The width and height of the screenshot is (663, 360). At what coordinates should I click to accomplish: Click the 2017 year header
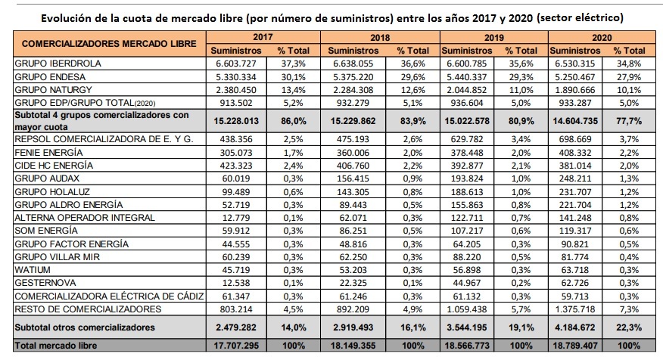click(x=263, y=37)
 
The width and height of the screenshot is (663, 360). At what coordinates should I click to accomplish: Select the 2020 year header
click(x=602, y=38)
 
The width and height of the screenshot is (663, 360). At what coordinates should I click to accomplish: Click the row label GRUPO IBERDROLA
click(x=58, y=64)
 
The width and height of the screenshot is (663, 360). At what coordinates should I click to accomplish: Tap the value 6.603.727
click(x=236, y=64)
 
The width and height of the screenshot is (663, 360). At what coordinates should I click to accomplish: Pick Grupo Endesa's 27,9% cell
click(x=629, y=77)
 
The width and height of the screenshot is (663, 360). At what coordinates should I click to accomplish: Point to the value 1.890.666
click(x=575, y=90)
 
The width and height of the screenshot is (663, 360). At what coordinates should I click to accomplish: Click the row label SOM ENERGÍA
click(x=46, y=230)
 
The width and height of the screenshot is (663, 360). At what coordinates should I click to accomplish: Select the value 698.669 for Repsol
click(x=575, y=139)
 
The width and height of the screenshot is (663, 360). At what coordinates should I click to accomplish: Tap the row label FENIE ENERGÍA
click(x=48, y=153)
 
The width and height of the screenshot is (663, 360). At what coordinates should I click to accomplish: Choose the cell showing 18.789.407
click(x=575, y=346)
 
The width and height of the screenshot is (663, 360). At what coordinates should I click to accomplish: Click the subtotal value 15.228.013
click(x=236, y=121)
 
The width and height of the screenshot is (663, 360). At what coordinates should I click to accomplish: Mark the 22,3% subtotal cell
click(x=629, y=327)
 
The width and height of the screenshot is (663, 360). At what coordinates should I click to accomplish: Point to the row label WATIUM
click(x=33, y=269)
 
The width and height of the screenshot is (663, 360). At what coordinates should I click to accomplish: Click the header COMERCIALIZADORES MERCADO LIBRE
click(x=109, y=44)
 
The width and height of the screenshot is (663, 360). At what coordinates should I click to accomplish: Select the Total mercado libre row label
click(x=56, y=346)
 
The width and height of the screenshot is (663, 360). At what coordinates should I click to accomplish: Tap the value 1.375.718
click(x=575, y=309)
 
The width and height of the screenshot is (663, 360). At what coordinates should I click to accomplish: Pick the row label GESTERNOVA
click(x=45, y=283)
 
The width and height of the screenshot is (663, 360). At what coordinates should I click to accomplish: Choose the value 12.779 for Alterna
click(x=236, y=218)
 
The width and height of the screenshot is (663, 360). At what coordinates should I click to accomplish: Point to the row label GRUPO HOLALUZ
click(x=52, y=192)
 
